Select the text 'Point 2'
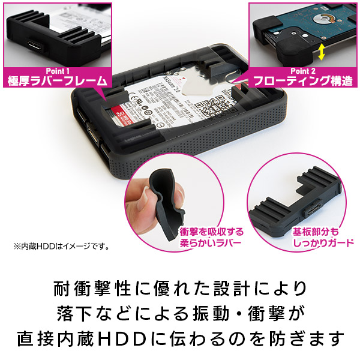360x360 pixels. (x=304, y=70)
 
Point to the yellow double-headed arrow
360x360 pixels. (x=322, y=53)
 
